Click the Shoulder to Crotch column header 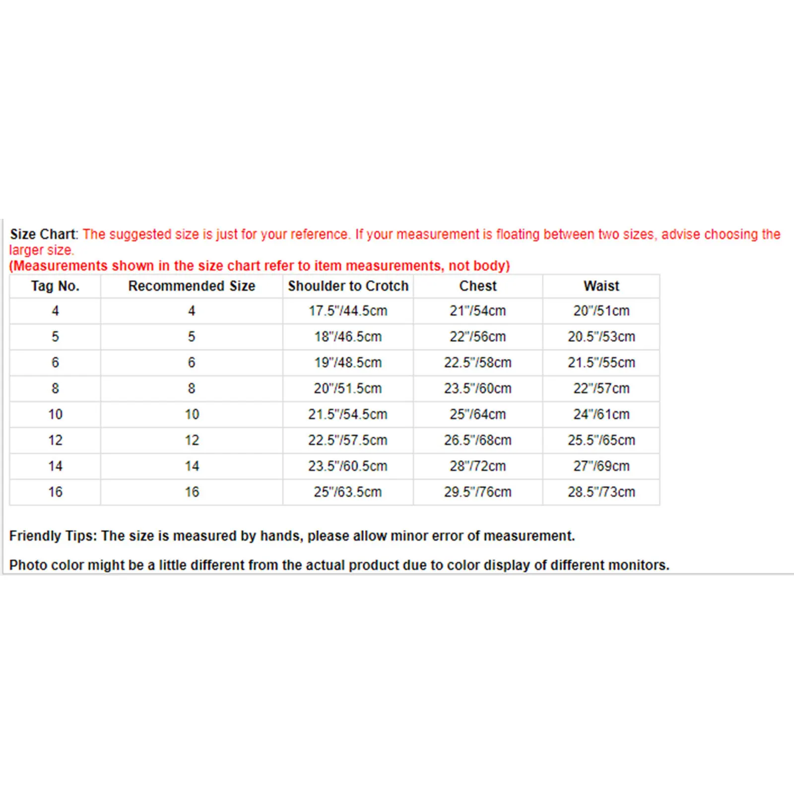[x=348, y=286]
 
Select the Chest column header [x=477, y=286]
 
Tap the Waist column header [x=601, y=286]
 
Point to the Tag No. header [x=55, y=286]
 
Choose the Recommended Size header [x=192, y=286]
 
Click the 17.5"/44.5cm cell [x=347, y=311]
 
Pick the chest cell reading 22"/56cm [x=477, y=336]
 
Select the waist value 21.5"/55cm [x=601, y=362]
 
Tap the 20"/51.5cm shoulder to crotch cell [x=347, y=388]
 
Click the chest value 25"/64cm [x=477, y=414]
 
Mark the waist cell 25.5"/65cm [x=601, y=440]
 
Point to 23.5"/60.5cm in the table [x=347, y=466]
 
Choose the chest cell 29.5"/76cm [x=477, y=492]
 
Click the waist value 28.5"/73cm [x=601, y=492]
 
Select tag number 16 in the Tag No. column [x=55, y=492]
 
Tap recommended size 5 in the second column [x=192, y=336]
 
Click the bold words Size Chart [x=43, y=234]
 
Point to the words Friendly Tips [x=52, y=535]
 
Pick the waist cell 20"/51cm [x=601, y=311]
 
